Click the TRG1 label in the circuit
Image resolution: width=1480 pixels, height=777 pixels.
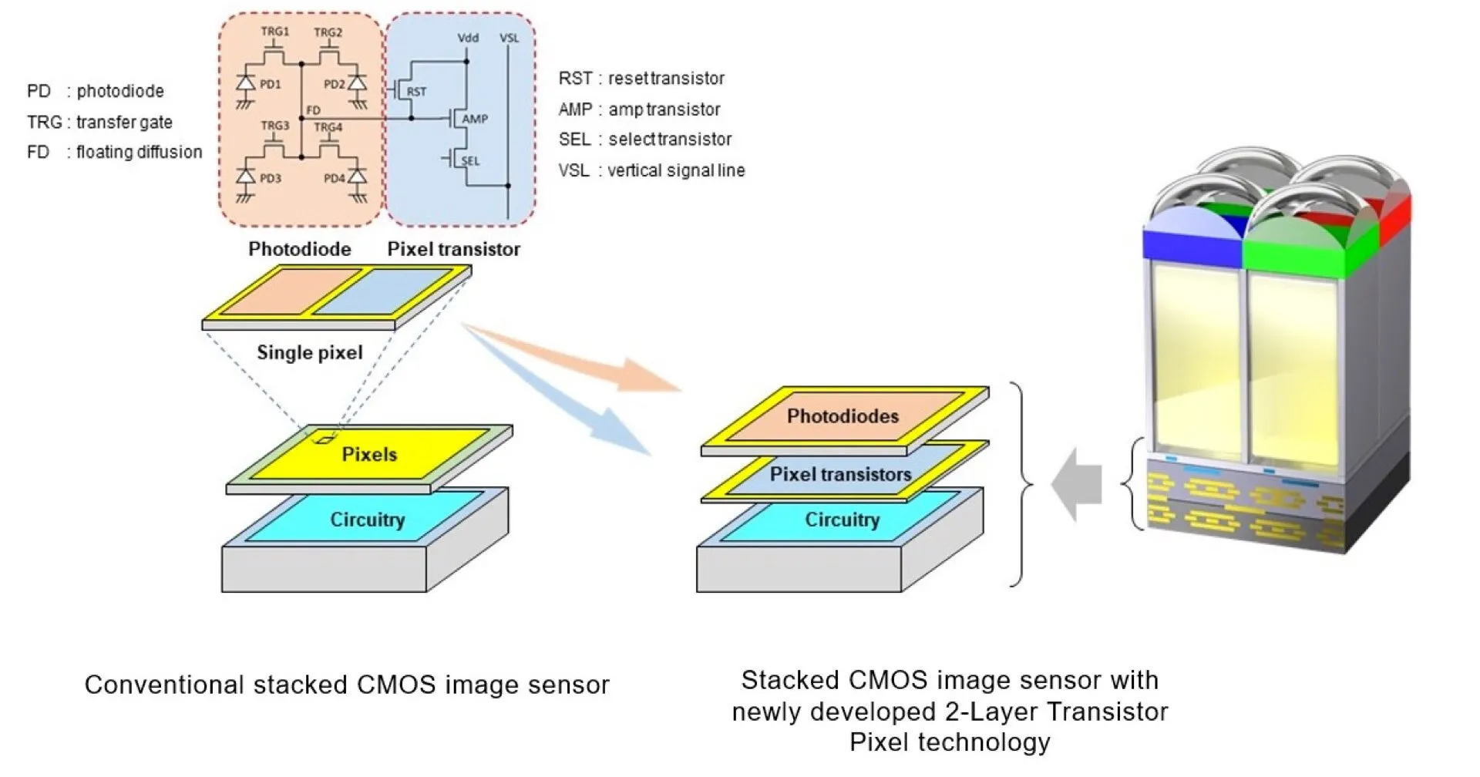275,32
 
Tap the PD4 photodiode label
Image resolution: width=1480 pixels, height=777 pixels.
335,178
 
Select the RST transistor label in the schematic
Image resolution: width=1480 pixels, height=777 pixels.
416,91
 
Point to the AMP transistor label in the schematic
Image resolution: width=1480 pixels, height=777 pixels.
475,119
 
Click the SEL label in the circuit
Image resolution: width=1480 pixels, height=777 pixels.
470,161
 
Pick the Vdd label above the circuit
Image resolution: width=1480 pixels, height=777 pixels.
468,38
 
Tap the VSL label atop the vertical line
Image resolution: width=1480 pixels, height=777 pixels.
509,38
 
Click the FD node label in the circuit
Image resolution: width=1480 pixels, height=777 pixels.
313,110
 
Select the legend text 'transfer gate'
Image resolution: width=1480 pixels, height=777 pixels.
124,122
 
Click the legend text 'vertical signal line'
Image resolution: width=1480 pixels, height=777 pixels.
676,170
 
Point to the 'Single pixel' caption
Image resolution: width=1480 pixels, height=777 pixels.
310,352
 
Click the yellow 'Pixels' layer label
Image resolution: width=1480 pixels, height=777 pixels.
369,454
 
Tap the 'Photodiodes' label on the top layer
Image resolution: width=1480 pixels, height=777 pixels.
843,416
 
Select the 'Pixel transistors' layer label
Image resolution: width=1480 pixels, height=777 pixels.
840,474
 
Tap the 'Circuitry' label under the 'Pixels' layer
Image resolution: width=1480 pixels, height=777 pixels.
367,520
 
